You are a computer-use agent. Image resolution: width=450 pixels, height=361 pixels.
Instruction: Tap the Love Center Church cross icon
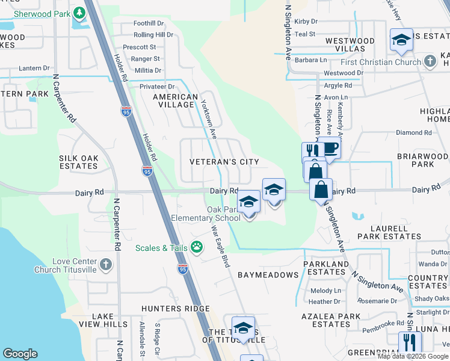click(x=105, y=264)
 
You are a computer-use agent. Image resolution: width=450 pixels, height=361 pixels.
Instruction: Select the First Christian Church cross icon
click(x=430, y=61)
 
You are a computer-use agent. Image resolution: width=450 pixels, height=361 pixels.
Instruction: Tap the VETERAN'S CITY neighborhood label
click(x=224, y=162)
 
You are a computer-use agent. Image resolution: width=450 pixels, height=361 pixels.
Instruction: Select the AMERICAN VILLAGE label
click(x=175, y=100)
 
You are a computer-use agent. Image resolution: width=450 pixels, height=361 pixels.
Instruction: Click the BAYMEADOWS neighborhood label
click(x=268, y=275)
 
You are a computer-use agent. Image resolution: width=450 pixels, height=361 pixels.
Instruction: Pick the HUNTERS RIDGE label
click(x=170, y=308)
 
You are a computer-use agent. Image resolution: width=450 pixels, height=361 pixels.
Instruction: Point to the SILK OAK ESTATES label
click(x=78, y=162)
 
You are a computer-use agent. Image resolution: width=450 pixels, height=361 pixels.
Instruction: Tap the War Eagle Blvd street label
click(x=220, y=247)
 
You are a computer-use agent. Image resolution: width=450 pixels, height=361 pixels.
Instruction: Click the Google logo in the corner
click(x=20, y=354)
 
